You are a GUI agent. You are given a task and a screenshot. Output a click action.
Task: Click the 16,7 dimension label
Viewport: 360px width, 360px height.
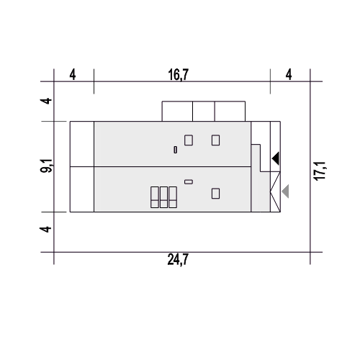click(x=179, y=75)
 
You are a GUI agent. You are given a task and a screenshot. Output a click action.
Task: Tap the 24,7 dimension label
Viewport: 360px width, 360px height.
click(x=178, y=259)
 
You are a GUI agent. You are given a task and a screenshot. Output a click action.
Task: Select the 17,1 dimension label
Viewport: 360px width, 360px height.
click(x=320, y=171)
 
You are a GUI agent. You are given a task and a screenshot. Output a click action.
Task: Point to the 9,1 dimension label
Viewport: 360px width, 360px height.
click(x=46, y=166)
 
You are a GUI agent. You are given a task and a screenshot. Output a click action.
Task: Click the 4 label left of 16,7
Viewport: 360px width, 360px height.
click(x=73, y=75)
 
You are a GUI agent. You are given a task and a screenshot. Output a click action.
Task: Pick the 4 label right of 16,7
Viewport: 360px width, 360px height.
click(x=289, y=75)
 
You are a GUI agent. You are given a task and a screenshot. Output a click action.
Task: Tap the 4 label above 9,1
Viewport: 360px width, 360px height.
click(x=45, y=101)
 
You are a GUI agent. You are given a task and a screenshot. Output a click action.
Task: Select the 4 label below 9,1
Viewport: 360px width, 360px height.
click(x=45, y=229)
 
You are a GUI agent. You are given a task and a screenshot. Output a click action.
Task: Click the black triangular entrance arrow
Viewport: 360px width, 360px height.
click(x=276, y=158)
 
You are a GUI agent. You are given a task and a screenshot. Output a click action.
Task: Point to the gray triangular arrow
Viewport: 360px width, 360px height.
click(x=286, y=192)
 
